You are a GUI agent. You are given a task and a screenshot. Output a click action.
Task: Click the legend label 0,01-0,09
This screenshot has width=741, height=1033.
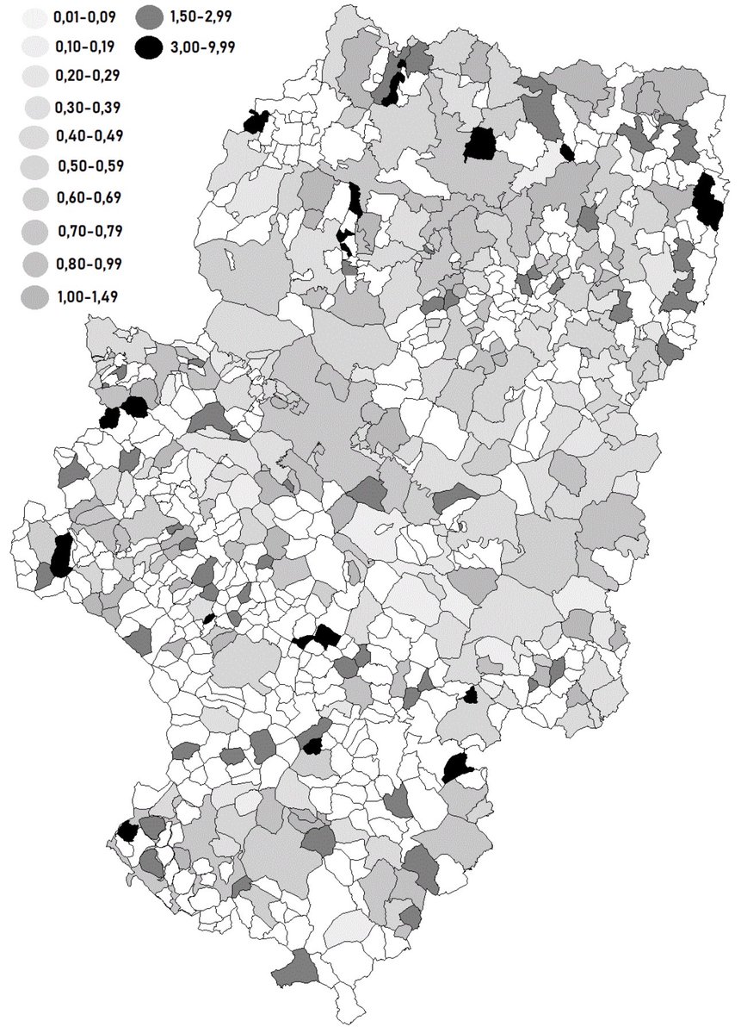coord(83,15)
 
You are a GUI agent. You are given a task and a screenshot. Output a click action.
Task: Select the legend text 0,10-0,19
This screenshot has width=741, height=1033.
coord(84,45)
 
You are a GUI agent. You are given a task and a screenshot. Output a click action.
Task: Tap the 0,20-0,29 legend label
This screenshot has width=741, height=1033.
coord(84,76)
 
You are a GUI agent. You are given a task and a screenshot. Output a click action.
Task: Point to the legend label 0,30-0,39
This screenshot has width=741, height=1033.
coord(84,107)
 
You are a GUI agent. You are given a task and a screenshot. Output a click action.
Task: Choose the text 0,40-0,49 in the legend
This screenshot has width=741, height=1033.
coord(84,136)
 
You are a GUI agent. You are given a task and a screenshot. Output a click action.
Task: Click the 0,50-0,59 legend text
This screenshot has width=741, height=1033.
coord(86,166)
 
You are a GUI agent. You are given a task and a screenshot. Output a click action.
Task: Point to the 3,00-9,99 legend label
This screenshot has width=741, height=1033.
coord(202,47)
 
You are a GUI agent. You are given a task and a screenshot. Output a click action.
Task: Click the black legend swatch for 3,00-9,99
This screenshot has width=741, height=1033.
coord(149,48)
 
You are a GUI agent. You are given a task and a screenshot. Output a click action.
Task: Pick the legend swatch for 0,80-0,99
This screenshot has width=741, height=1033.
coord(34,262)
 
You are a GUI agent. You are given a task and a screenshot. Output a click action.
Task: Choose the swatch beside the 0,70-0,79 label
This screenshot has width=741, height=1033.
coord(34,230)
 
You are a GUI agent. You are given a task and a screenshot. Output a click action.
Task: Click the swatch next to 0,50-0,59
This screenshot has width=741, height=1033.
coord(34,167)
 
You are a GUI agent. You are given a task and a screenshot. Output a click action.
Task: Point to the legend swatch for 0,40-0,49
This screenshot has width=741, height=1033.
coord(34,137)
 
